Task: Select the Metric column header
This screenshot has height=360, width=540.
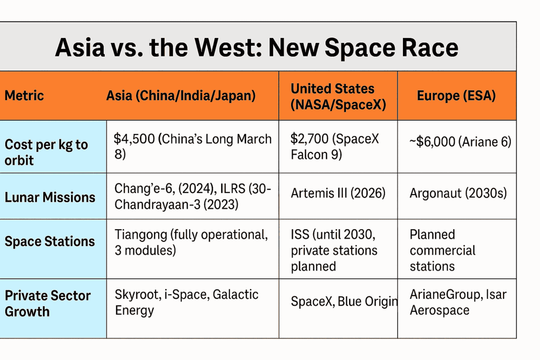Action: (24, 96)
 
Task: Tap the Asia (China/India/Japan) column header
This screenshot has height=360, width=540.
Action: (181, 96)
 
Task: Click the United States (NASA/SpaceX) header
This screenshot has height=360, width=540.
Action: (338, 96)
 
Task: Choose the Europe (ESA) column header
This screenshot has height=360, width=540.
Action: (456, 96)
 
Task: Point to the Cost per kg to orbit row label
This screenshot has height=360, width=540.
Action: (46, 152)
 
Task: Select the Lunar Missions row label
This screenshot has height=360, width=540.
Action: (50, 197)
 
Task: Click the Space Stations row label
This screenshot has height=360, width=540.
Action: (50, 241)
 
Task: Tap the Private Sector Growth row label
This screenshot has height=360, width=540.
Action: (47, 303)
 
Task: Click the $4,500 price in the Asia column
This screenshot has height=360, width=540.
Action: (134, 139)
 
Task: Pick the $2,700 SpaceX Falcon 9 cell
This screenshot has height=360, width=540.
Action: (334, 147)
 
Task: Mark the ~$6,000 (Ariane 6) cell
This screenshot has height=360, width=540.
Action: (460, 142)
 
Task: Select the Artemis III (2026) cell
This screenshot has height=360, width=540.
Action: (338, 193)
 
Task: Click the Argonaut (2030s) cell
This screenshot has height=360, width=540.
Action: (458, 193)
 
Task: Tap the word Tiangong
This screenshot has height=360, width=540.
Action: (141, 235)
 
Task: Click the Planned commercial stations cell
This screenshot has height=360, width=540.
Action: (442, 250)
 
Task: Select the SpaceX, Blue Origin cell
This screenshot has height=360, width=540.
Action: (344, 301)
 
